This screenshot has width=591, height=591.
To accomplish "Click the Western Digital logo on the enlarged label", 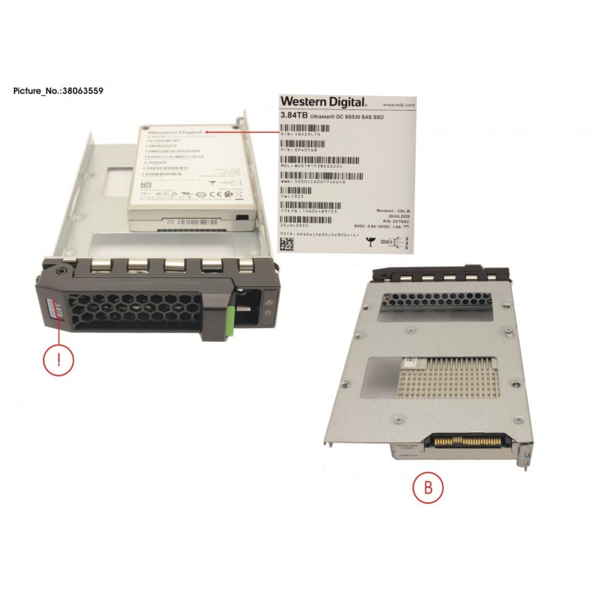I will point(318,100).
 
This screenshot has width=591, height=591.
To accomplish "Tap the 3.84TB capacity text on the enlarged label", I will point(293,116).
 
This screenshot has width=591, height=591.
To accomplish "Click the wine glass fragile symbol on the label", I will point(367,239).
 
